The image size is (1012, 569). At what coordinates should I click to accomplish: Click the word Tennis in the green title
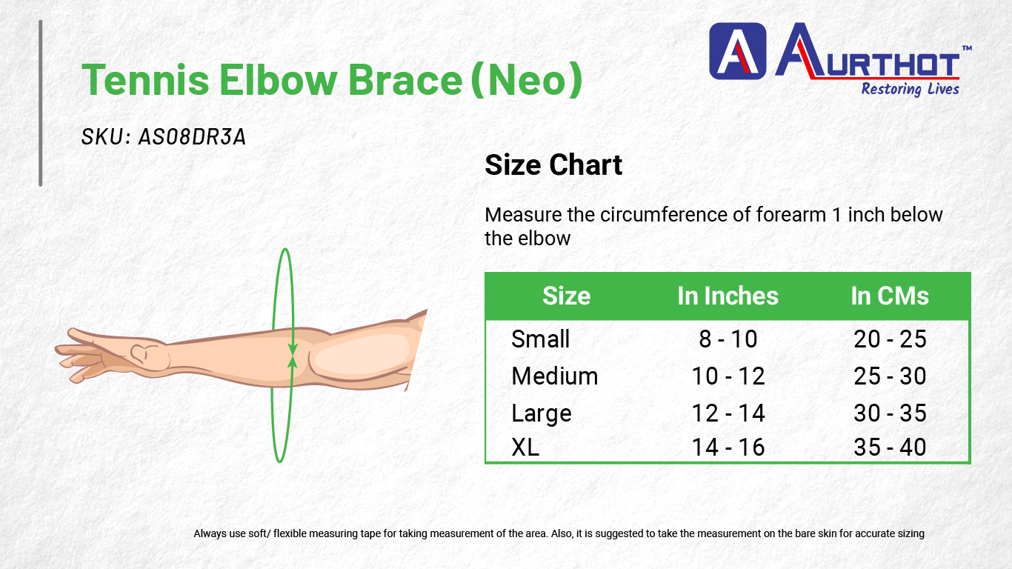(145, 79)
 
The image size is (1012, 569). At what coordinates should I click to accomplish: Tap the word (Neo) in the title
(527, 80)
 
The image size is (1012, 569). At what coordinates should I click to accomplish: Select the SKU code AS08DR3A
(192, 136)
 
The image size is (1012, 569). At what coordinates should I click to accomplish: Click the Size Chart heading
(553, 164)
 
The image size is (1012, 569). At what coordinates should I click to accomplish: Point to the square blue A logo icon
(737, 51)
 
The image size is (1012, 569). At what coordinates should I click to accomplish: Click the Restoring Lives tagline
(910, 89)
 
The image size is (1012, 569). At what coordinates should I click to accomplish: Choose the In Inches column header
(728, 296)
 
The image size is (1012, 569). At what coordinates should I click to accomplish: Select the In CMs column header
(890, 296)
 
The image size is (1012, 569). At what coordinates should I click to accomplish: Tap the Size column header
(566, 296)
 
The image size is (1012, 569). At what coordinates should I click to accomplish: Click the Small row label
(540, 339)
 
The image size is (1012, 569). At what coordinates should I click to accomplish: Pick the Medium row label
(555, 376)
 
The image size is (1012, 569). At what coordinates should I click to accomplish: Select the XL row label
(525, 447)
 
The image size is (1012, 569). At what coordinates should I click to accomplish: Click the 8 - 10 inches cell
(728, 339)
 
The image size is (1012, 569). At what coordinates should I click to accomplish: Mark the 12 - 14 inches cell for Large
(728, 413)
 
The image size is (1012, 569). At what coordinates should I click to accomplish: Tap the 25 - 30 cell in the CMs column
(890, 376)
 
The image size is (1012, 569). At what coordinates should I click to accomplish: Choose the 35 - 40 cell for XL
(890, 447)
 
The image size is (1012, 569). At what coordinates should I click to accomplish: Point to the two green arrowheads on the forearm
(293, 356)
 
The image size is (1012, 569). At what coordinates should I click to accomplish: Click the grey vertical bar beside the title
(41, 103)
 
